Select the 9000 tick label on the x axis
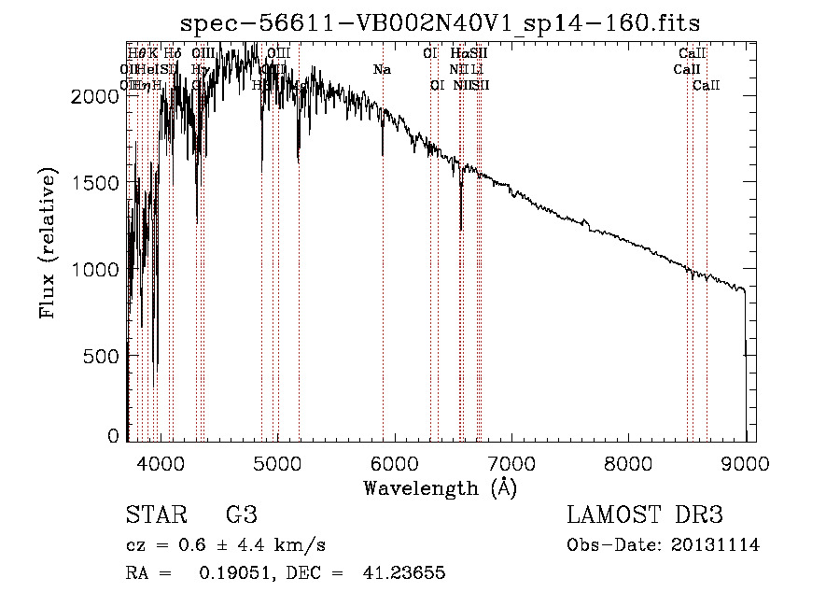click(745, 464)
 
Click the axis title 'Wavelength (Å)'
click(440, 487)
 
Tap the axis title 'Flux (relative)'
click(48, 244)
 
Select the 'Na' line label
click(382, 70)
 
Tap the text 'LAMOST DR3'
click(644, 515)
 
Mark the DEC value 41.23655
click(403, 573)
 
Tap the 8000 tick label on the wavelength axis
click(628, 464)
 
